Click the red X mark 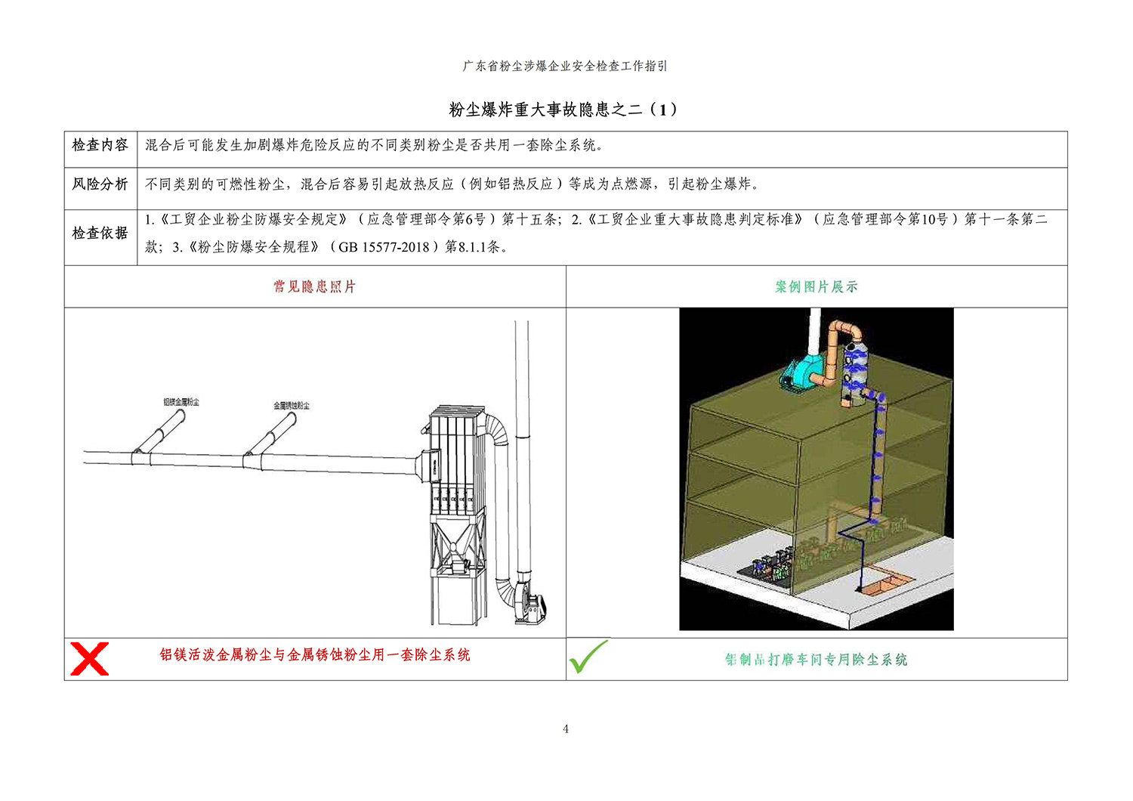pyautogui.click(x=90, y=659)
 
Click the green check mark pyautogui.click(x=588, y=656)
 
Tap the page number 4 pyautogui.click(x=566, y=728)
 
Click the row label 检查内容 pyautogui.click(x=100, y=145)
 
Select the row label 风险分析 pyautogui.click(x=100, y=184)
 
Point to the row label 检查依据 pyautogui.click(x=100, y=233)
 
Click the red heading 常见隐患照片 pyautogui.click(x=315, y=287)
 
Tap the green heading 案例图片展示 pyautogui.click(x=817, y=287)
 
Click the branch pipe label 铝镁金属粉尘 pyautogui.click(x=181, y=402)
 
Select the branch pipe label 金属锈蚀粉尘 pyautogui.click(x=292, y=406)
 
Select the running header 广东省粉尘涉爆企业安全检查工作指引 pyautogui.click(x=565, y=66)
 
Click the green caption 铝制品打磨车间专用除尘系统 pyautogui.click(x=816, y=660)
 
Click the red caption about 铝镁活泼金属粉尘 pyautogui.click(x=315, y=654)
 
